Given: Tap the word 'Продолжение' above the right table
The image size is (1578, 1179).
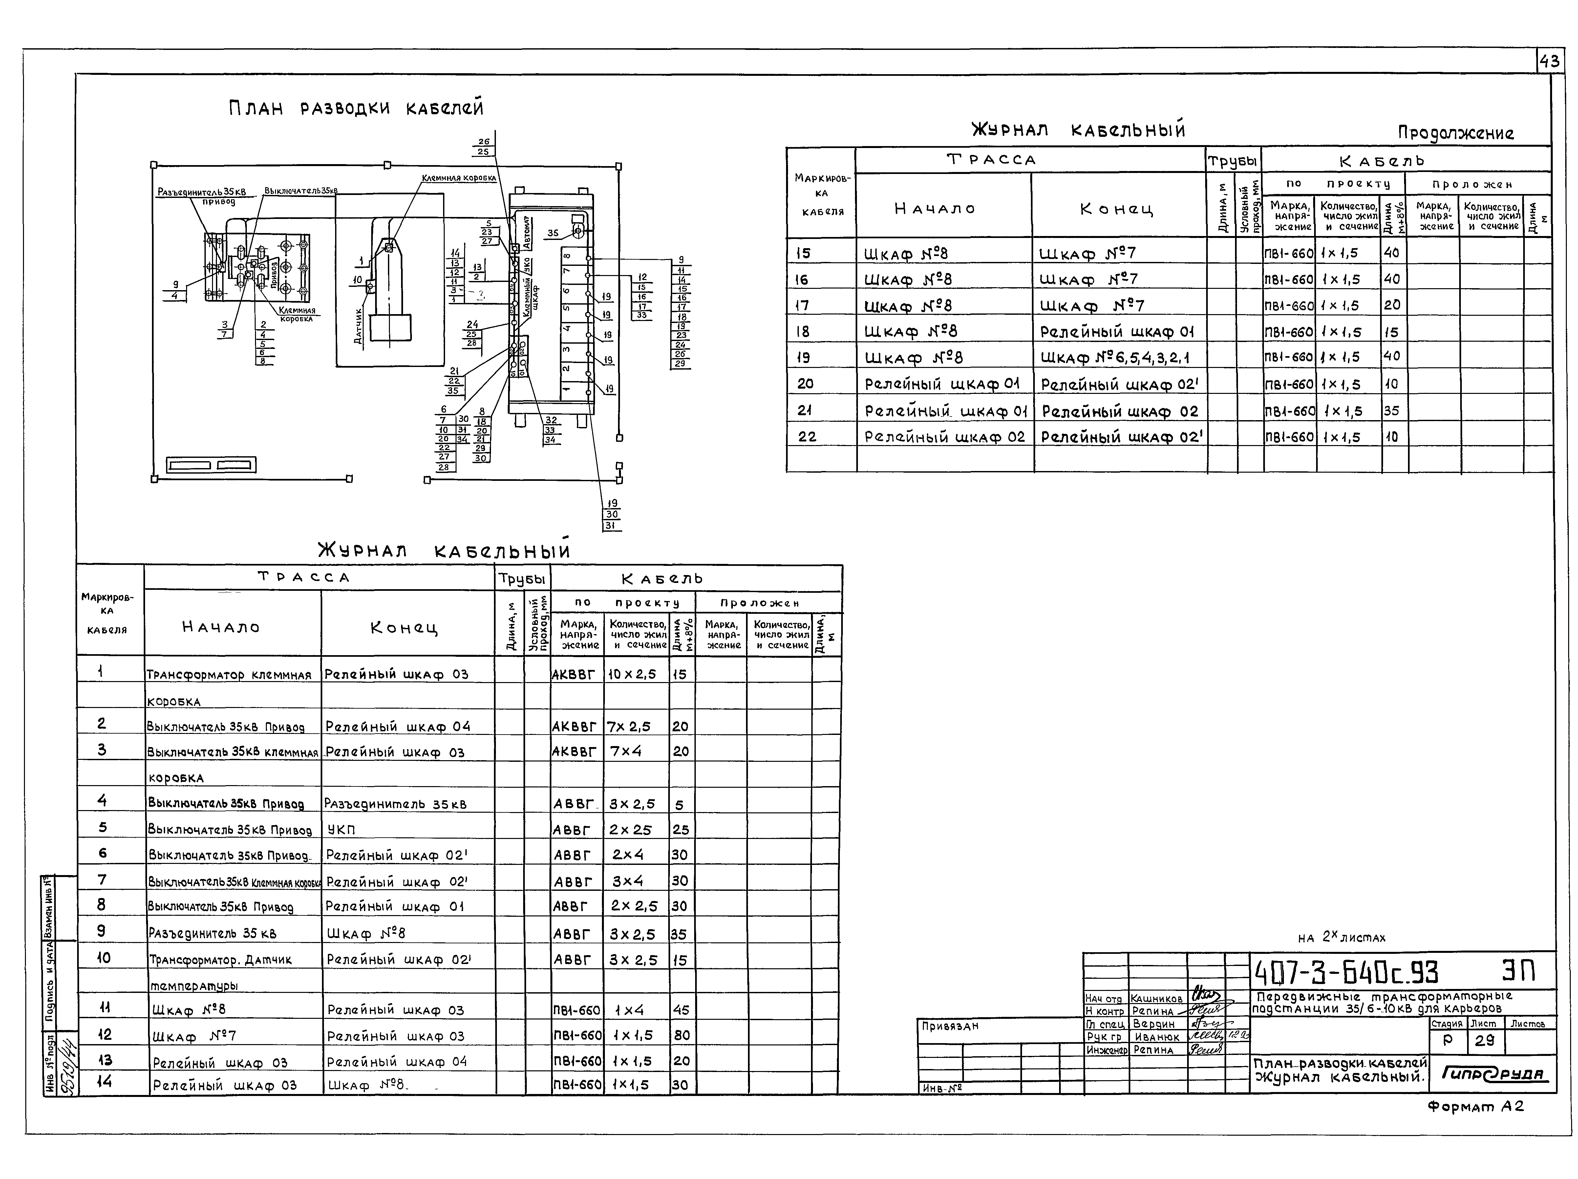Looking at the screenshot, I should [1455, 133].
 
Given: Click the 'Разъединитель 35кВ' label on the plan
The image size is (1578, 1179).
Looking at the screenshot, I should [201, 192].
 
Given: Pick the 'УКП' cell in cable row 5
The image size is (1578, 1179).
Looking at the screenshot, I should [341, 829].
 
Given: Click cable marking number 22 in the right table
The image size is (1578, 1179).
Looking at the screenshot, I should [807, 437].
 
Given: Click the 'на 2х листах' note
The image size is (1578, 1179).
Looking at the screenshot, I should [1341, 938].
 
